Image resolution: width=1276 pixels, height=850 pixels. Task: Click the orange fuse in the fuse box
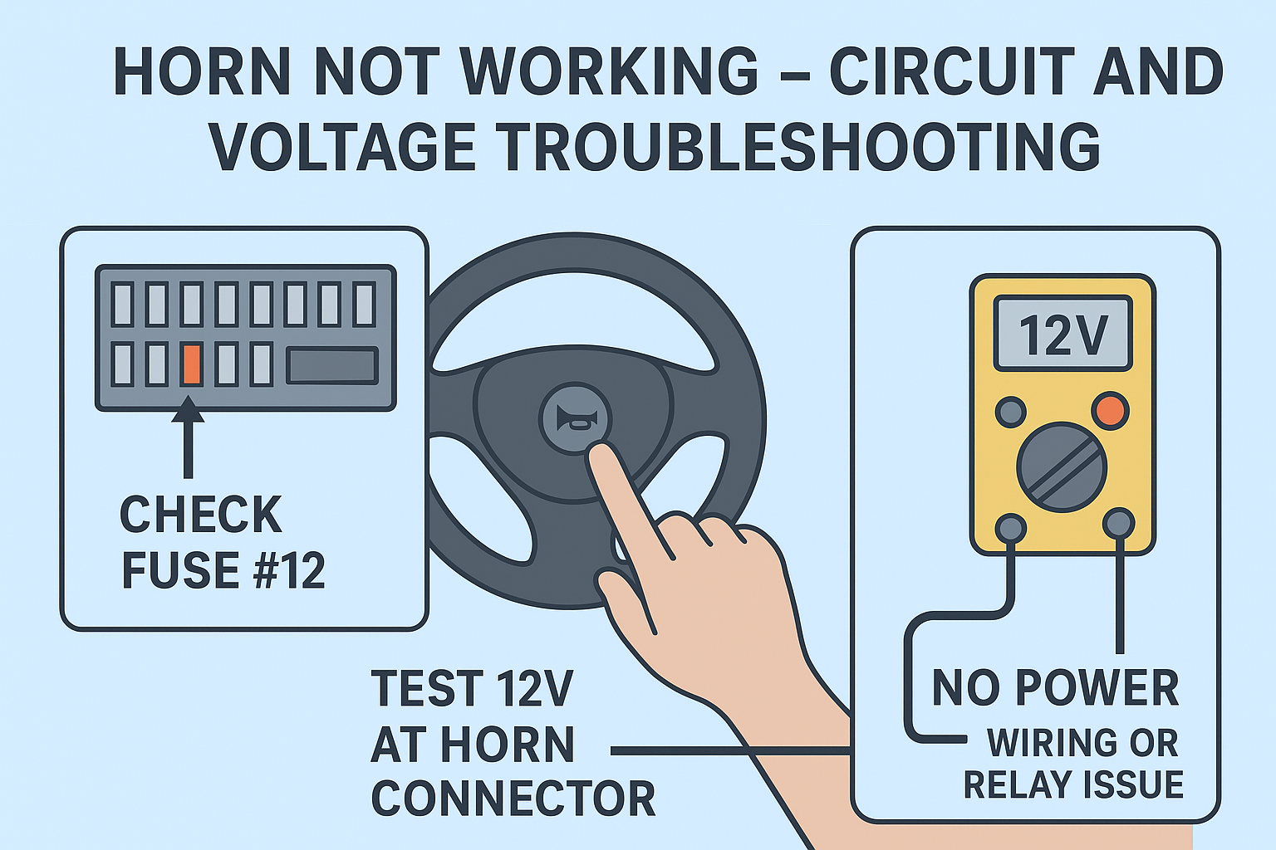click(x=191, y=364)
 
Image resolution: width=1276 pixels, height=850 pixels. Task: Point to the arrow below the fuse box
click(x=188, y=437)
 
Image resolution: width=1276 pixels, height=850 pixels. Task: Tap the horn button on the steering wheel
click(x=576, y=418)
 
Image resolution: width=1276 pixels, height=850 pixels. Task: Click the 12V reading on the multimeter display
click(x=1063, y=335)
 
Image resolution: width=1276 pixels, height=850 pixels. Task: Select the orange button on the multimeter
click(x=1110, y=411)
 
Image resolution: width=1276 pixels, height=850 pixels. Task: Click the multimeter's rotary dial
click(x=1062, y=467)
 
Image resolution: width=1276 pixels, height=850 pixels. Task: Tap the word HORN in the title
click(x=202, y=71)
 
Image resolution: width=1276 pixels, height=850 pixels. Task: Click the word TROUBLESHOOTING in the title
click(x=798, y=146)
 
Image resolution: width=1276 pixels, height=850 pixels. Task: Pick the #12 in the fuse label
click(x=289, y=570)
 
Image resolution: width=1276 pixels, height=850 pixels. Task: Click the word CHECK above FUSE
click(x=201, y=514)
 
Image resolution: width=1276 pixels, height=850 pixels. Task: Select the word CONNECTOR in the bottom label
click(x=513, y=799)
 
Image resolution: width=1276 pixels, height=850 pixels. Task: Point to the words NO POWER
click(x=1055, y=688)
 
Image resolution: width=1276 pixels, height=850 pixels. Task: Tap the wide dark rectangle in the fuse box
click(x=332, y=365)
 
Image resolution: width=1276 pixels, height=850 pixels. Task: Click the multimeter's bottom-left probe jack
click(x=1010, y=527)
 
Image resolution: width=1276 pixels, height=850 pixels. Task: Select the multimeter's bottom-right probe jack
click(x=1119, y=523)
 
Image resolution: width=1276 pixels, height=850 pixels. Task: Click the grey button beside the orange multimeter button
click(x=1010, y=412)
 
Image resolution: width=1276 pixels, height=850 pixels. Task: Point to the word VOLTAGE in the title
click(x=341, y=146)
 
